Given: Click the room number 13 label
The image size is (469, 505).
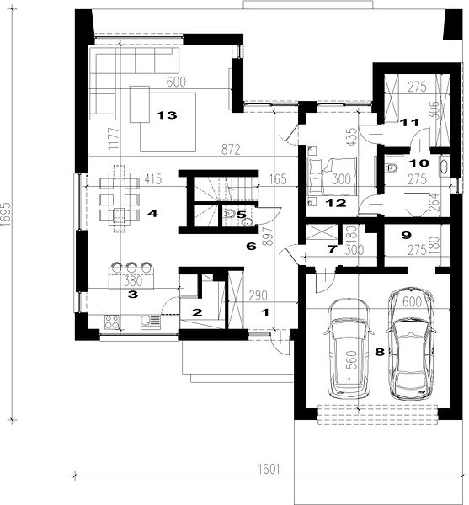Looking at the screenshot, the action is click(x=167, y=115).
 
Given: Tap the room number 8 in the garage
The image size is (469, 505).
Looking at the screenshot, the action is click(x=380, y=352).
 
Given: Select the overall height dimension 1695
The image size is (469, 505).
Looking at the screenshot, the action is click(x=7, y=215).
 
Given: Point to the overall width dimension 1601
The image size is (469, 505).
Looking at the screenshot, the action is click(x=269, y=470).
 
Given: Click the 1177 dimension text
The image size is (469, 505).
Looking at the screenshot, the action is click(x=114, y=139).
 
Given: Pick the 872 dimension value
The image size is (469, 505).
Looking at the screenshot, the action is click(x=231, y=150).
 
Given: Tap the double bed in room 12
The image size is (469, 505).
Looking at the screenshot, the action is click(x=333, y=177).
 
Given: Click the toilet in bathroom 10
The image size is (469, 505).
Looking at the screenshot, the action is click(x=392, y=167).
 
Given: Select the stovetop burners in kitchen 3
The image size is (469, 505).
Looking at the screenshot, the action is click(x=111, y=322).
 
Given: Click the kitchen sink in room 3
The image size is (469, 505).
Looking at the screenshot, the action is click(x=151, y=322).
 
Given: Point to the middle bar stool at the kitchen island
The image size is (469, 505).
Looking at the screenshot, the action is click(x=131, y=267).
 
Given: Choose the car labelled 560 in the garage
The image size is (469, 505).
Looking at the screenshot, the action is click(x=349, y=348).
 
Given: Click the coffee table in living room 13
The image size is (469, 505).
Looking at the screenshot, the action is click(x=140, y=104).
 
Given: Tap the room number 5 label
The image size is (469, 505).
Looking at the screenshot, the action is click(x=242, y=215).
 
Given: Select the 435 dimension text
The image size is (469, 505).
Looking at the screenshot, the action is click(x=353, y=137).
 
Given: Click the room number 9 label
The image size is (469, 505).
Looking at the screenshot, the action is click(x=407, y=236).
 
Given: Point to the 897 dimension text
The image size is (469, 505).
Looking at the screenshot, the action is click(x=268, y=237).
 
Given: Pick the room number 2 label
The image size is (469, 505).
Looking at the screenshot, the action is click(x=197, y=312).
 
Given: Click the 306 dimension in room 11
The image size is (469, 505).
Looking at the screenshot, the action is click(x=434, y=109).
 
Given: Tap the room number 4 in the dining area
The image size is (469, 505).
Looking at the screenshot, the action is click(x=152, y=213).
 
